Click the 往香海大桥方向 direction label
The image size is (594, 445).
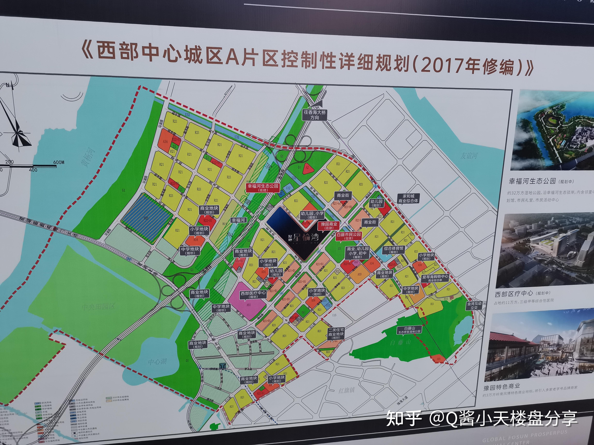coord(315,115)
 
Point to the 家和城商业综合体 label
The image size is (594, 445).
coord(408,199)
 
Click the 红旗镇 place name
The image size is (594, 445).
coord(346,391)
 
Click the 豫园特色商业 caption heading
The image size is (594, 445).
coord(502,387)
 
